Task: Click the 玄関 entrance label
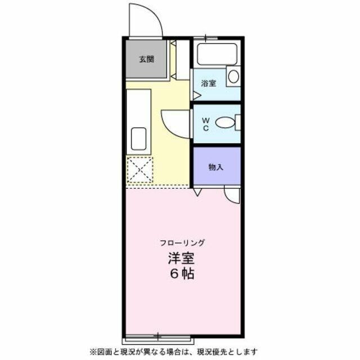tap(147, 59)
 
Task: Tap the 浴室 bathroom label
tap(209, 83)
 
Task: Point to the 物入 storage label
tap(215, 167)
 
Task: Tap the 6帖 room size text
tap(181, 276)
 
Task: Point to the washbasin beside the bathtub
tap(233, 75)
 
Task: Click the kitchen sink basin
tap(138, 138)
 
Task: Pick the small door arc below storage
tap(231, 195)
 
